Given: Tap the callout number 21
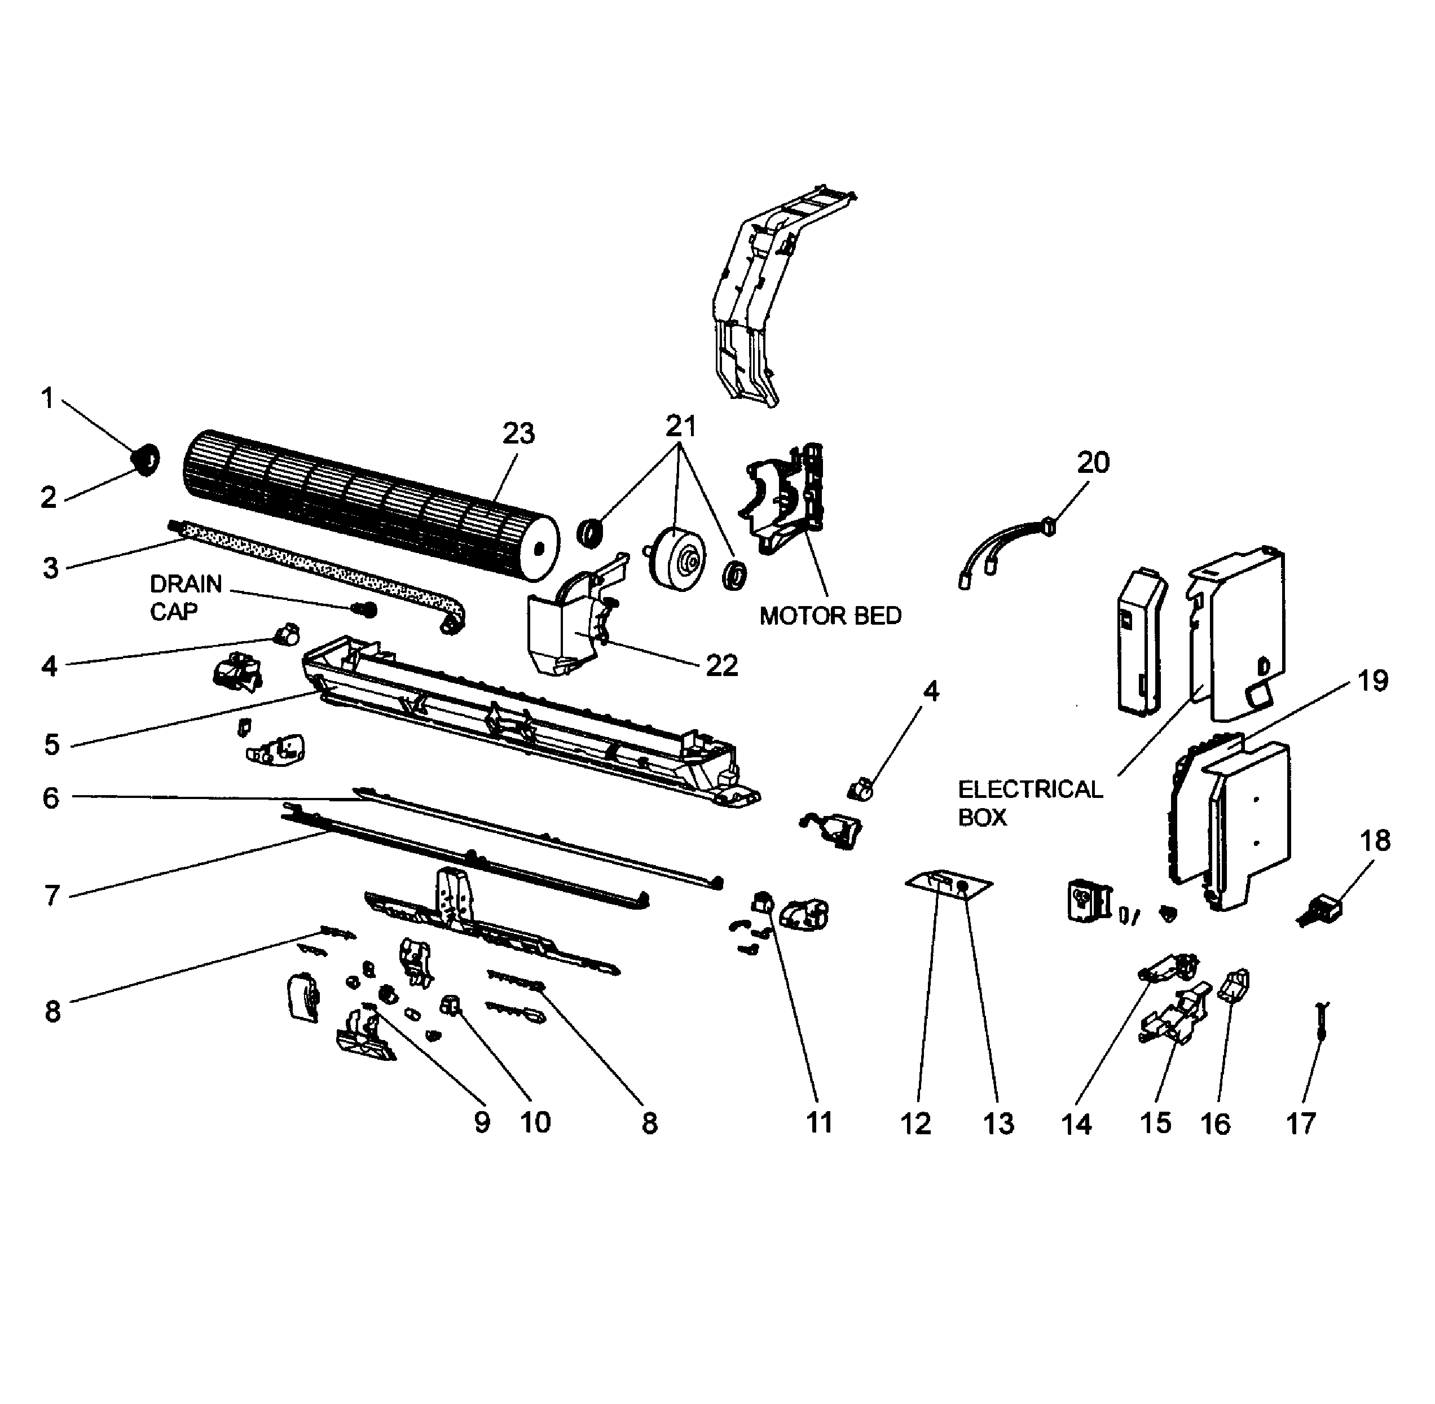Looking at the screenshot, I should point(680,426).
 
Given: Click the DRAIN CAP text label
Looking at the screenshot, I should point(185,597).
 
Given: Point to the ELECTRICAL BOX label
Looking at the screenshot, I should point(1029,803).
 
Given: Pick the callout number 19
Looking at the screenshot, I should point(1372,681).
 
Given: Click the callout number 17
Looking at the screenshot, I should point(1301,1124).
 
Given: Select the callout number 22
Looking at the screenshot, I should point(721,666).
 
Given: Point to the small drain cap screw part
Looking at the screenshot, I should point(366,610).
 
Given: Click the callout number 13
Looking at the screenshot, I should point(998,1124).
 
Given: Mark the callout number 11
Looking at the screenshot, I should point(819,1122).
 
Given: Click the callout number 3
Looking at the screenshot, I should point(50,568).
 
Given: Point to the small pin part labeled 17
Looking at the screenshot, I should point(1323,1022).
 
